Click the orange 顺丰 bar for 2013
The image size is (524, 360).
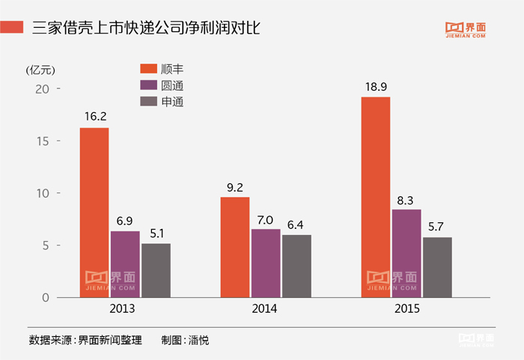pos(94,213)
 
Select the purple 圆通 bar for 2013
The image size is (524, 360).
pos(125,264)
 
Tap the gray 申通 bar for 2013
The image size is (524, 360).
pos(156,270)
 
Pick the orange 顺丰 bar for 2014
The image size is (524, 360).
pos(235,247)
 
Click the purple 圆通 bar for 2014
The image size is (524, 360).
pos(266,263)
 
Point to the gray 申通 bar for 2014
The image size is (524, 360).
pos(296,266)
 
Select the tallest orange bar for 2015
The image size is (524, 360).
pos(376,198)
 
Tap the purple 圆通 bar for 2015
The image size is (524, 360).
pos(406,254)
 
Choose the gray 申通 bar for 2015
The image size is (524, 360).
pos(437,267)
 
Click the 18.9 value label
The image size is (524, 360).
pos(376,87)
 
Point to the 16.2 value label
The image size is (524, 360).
pos(94,117)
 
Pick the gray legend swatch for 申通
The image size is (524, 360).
pos(147,102)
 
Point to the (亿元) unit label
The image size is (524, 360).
pos(40,70)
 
